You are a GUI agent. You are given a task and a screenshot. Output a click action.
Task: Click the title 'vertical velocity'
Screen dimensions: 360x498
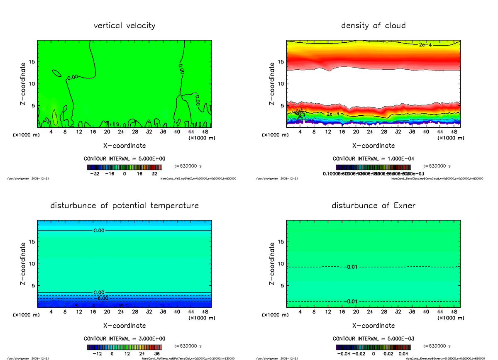click(x=124, y=26)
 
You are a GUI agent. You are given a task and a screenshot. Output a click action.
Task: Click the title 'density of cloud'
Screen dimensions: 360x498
click(x=373, y=26)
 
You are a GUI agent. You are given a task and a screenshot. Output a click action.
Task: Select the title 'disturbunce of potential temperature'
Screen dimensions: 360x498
click(x=124, y=206)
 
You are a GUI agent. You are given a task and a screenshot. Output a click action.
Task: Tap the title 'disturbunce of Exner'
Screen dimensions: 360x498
click(x=373, y=206)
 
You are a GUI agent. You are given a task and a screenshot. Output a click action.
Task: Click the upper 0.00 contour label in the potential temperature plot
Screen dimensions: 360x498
click(x=99, y=231)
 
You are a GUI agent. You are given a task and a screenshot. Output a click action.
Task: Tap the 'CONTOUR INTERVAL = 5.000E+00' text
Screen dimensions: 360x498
click(x=124, y=159)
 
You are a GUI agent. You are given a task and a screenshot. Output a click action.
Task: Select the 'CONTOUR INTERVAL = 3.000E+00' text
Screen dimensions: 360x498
click(x=124, y=338)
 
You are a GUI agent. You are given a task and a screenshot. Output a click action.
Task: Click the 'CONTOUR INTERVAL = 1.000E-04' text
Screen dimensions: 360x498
click(x=373, y=159)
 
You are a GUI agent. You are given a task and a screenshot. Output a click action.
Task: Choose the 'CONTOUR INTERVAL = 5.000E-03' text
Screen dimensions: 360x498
click(x=373, y=338)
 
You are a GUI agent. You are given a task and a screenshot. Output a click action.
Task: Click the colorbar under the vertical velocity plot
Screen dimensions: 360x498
click(x=124, y=167)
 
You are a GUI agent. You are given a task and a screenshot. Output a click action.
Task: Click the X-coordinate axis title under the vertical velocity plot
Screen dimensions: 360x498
click(x=124, y=146)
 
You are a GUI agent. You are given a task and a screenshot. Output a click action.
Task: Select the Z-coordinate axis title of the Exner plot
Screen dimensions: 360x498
click(x=272, y=264)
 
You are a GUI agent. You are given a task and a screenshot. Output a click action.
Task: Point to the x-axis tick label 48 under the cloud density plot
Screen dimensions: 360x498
click(x=454, y=132)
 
